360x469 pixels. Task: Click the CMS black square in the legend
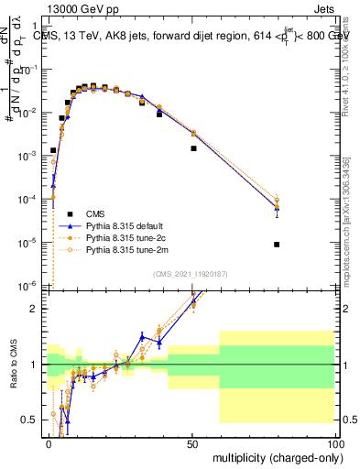[66, 212]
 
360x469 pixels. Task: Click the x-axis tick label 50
[192, 442]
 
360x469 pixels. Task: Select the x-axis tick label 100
[335, 442]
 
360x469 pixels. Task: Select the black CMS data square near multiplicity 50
[193, 148]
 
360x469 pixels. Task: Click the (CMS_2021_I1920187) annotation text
[190, 273]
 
